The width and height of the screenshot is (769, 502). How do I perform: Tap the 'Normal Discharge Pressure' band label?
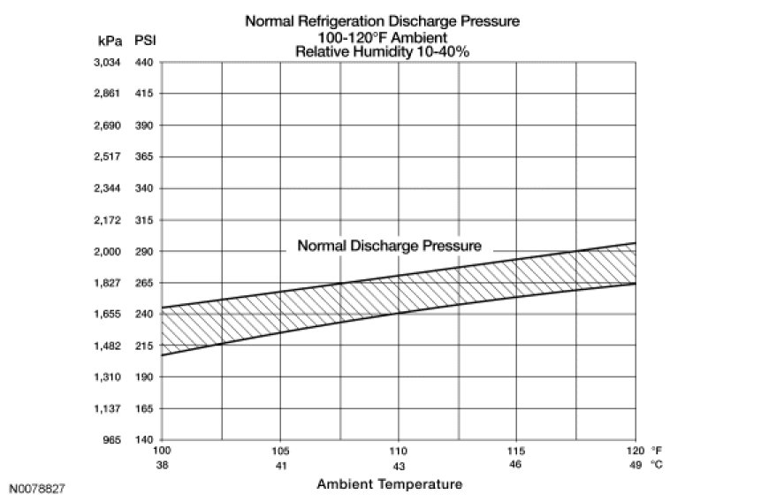click(390, 246)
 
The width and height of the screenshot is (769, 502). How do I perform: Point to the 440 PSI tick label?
click(145, 62)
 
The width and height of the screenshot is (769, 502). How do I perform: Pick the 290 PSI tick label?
click(145, 251)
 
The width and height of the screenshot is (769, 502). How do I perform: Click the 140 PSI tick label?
click(145, 439)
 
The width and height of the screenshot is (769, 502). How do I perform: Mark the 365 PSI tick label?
click(145, 156)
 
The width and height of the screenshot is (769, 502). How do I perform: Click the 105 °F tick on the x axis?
click(280, 450)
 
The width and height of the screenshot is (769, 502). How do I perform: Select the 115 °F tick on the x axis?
click(517, 450)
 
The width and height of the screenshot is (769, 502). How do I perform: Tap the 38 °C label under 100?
click(163, 464)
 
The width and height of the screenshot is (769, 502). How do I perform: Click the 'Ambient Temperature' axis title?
click(389, 484)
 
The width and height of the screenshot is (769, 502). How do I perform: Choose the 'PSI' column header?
click(145, 41)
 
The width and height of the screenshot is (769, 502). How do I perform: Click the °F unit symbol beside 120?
click(656, 450)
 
